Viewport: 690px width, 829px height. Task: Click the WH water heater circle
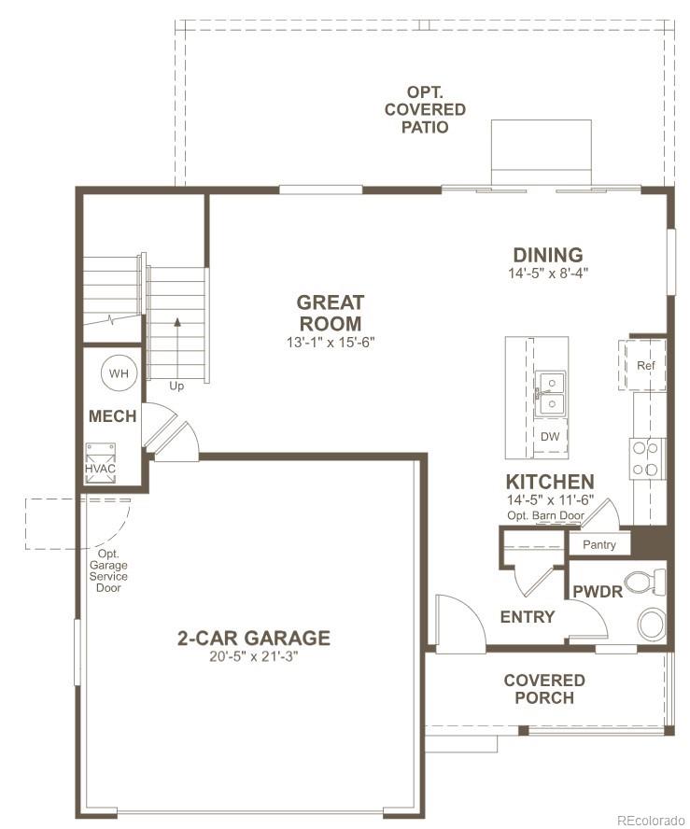[119, 373]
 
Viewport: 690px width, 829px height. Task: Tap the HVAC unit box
[101, 463]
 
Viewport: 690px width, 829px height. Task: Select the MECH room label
[112, 416]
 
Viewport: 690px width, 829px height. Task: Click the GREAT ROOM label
[331, 313]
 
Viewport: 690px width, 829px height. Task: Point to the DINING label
[548, 255]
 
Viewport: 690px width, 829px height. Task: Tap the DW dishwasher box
[550, 437]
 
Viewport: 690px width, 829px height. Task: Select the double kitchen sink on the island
[550, 394]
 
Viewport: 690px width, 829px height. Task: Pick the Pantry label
[598, 544]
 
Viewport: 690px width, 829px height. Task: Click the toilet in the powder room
[644, 583]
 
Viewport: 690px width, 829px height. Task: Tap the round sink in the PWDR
[652, 622]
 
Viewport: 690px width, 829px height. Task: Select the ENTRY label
[528, 617]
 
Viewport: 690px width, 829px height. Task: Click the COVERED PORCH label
[544, 689]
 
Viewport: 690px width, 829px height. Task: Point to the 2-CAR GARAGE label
[254, 639]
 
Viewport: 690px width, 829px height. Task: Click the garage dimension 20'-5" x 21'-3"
[254, 656]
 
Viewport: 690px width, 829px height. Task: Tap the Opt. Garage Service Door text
[108, 570]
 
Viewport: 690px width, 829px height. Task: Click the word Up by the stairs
[176, 385]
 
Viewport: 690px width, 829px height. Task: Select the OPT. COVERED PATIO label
[424, 109]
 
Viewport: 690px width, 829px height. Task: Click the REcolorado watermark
[650, 820]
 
